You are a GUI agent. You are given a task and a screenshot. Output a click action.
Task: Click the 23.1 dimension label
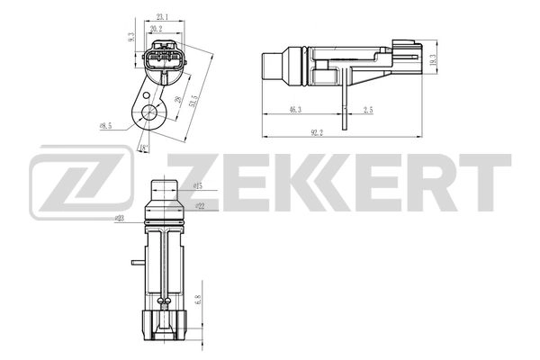[163, 17]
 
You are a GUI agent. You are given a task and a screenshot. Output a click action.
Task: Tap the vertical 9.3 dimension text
[131, 39]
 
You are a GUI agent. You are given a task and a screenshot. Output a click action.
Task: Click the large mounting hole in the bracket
[144, 114]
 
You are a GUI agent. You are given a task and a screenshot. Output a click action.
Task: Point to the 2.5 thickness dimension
[368, 108]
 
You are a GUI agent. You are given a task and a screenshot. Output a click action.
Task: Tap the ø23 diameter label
[120, 218]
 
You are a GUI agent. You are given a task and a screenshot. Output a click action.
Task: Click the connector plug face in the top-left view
[163, 64]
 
